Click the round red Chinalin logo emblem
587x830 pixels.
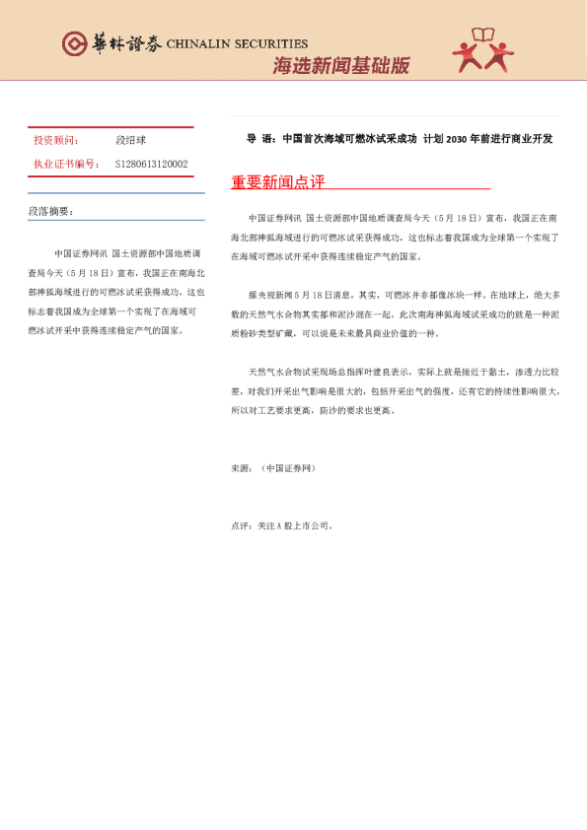pyautogui.click(x=74, y=43)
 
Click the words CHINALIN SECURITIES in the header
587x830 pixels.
pyautogui.click(x=237, y=43)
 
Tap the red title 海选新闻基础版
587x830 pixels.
pyautogui.click(x=340, y=66)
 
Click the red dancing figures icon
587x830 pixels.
pyautogui.click(x=482, y=50)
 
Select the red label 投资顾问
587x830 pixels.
pyautogui.click(x=55, y=141)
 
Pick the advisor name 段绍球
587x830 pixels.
pyautogui.click(x=130, y=141)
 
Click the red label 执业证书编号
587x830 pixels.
pyautogui.click(x=65, y=164)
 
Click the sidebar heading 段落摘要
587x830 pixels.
pyautogui.click(x=51, y=212)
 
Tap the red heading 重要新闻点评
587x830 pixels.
pyautogui.click(x=277, y=182)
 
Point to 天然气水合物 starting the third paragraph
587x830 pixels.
pyautogui.click(x=277, y=372)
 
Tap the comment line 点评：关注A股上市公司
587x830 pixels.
pyautogui.click(x=282, y=526)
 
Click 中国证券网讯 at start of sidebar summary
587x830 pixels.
pyautogui.click(x=80, y=253)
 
